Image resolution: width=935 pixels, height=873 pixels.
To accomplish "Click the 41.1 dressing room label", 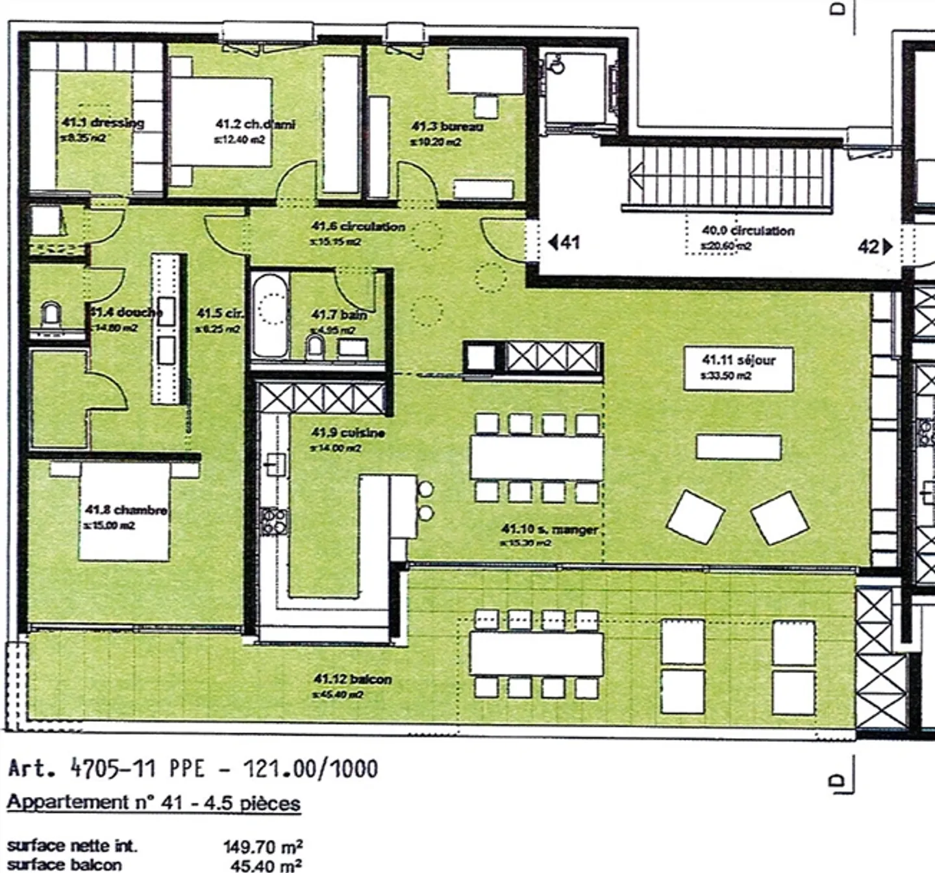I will (103, 123).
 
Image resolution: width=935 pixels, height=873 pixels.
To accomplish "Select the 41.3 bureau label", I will (447, 127).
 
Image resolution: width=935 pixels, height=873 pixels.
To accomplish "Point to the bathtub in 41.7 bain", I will (269, 315).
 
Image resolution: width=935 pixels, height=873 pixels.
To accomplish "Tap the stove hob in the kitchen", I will (274, 521).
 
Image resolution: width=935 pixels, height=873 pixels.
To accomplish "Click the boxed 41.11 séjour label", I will (738, 367).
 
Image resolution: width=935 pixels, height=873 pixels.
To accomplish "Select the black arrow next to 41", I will (553, 243).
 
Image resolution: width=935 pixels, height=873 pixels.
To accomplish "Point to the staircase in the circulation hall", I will (727, 177).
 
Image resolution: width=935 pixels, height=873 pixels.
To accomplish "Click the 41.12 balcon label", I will (352, 680).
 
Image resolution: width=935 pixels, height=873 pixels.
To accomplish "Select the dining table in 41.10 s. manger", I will (536, 458).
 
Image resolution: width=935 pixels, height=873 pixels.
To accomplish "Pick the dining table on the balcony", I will (536, 654).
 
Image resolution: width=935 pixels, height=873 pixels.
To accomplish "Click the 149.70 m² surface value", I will (262, 846).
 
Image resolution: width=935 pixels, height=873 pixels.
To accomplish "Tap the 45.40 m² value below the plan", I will (266, 865).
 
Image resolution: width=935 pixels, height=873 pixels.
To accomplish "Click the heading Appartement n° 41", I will (153, 803).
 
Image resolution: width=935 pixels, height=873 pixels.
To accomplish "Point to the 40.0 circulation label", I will (747, 230).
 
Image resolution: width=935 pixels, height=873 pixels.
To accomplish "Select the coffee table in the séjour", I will (738, 447).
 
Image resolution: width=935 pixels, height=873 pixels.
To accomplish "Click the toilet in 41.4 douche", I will (51, 316).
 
